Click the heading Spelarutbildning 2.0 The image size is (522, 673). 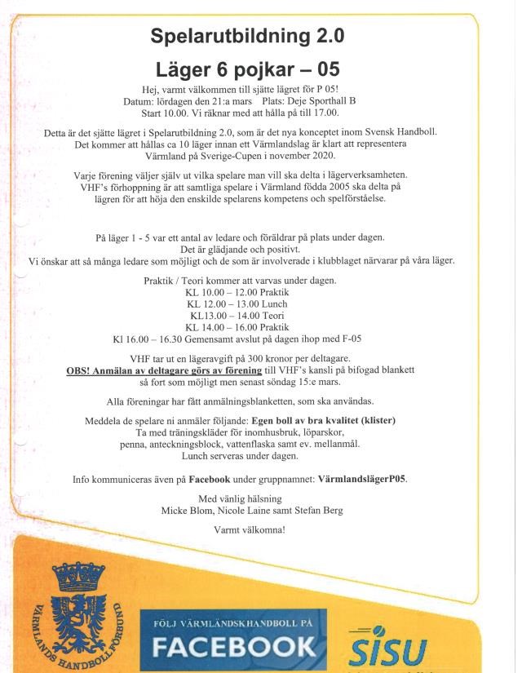248,35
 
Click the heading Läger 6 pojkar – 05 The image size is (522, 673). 248,69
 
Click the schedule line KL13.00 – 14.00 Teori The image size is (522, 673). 250,315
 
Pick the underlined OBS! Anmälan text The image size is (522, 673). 135,370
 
